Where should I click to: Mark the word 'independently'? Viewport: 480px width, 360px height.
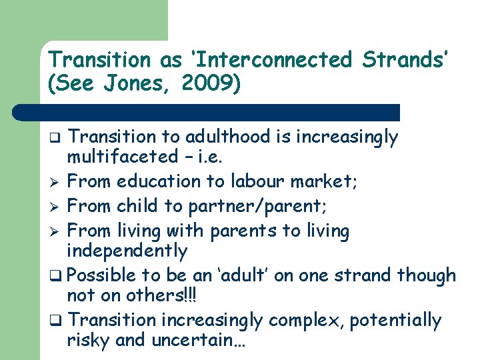pyautogui.click(x=127, y=251)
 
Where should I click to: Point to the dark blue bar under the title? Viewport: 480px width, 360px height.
pyautogui.click(x=220, y=112)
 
